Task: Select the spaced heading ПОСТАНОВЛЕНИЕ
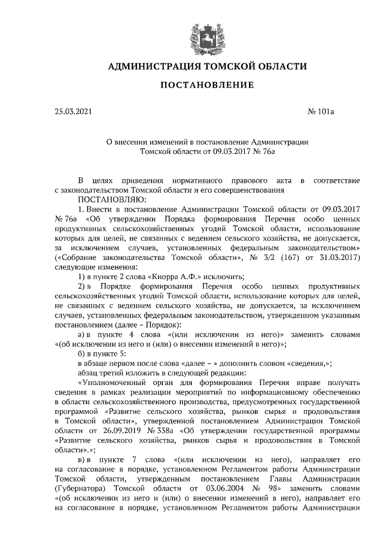point(206,85)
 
